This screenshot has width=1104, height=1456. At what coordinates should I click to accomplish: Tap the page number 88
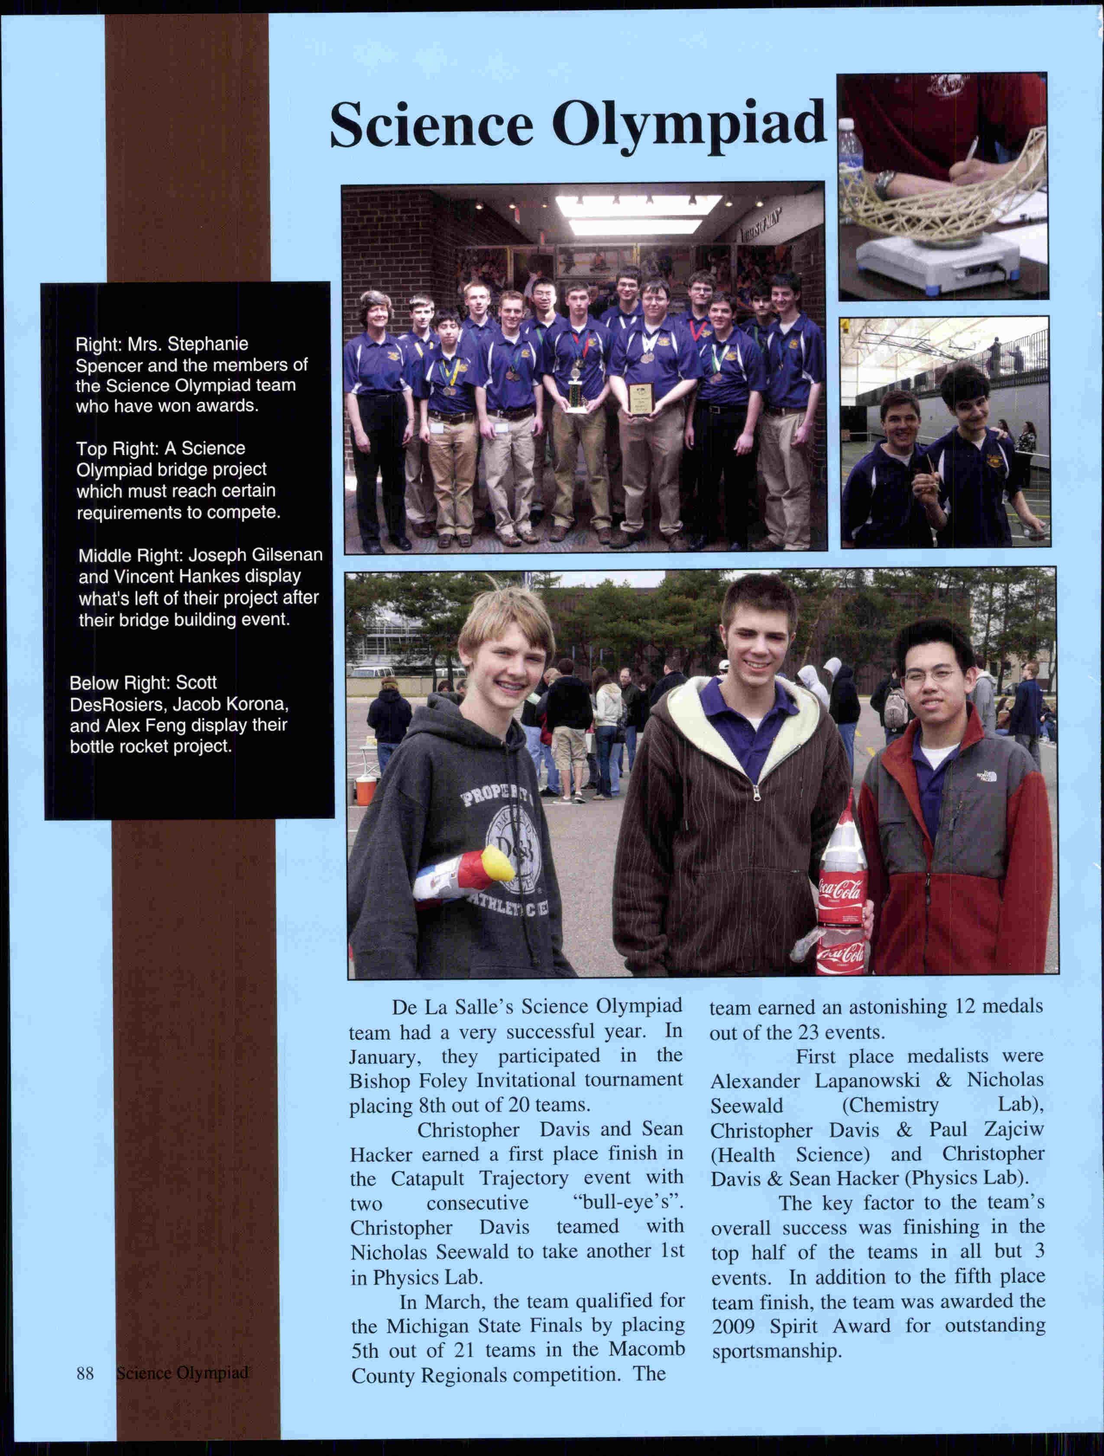coord(85,1372)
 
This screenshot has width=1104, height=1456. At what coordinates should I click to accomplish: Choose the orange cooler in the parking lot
coord(366,789)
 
